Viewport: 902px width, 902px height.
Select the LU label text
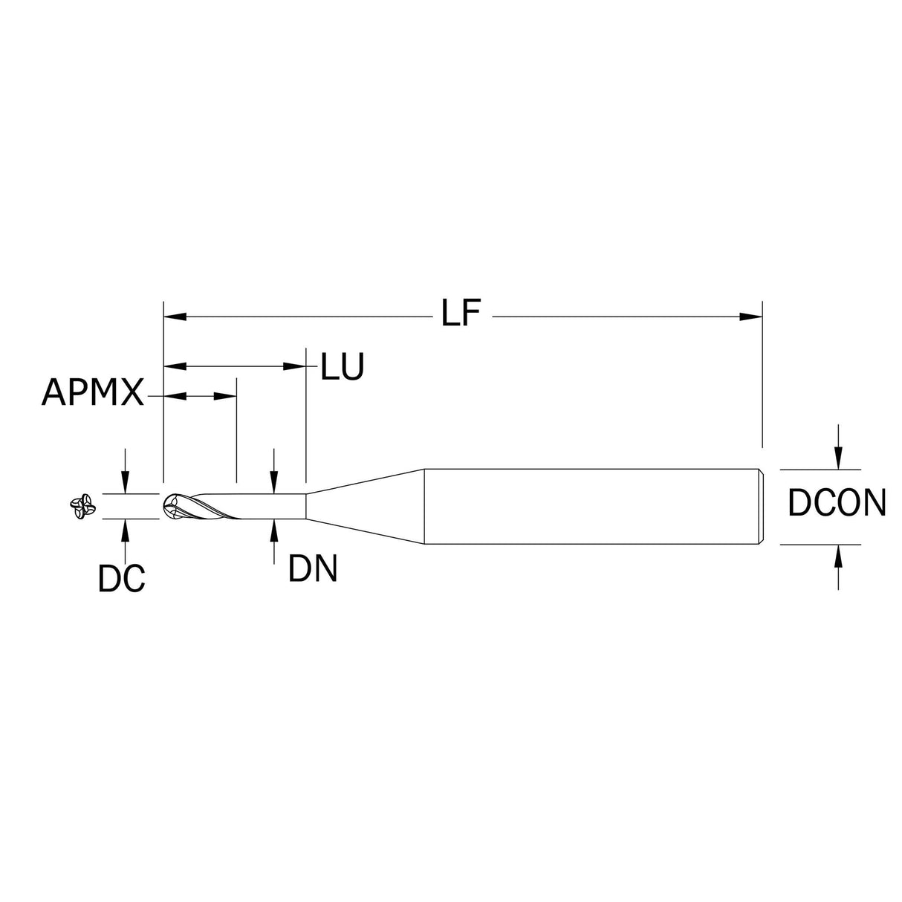[342, 367]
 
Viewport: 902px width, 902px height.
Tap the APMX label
[93, 392]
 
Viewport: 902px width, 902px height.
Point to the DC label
[121, 578]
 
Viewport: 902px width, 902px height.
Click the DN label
[313, 569]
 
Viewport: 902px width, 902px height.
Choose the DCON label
[837, 504]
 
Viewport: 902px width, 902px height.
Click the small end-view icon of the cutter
[80, 507]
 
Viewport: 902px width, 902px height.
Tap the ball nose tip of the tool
[170, 507]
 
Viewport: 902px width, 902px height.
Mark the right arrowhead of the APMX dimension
[226, 397]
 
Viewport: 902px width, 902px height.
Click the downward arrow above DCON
[839, 461]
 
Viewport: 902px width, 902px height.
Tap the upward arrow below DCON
[839, 554]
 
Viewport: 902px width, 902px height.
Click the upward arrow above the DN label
[275, 528]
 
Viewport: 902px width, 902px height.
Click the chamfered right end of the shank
[760, 506]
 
